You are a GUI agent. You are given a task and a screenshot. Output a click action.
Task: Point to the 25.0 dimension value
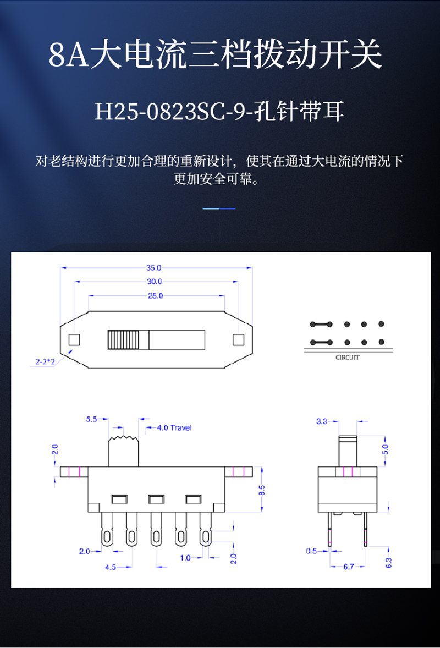pyautogui.click(x=155, y=296)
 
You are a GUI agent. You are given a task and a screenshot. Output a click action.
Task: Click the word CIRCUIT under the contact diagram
pyautogui.click(x=348, y=358)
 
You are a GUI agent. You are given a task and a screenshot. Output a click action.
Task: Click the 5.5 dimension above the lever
pyautogui.click(x=91, y=420)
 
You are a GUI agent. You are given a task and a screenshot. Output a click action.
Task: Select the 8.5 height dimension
pyautogui.click(x=262, y=488)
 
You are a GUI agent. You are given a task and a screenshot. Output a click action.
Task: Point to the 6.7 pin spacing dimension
pyautogui.click(x=348, y=567)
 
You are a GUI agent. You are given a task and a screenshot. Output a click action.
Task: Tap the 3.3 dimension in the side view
pyautogui.click(x=322, y=421)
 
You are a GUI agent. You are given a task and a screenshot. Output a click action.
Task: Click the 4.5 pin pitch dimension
pyautogui.click(x=110, y=567)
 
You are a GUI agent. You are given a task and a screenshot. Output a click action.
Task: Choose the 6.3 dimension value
pyautogui.click(x=388, y=562)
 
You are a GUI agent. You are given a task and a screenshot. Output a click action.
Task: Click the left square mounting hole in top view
pyautogui.click(x=74, y=339)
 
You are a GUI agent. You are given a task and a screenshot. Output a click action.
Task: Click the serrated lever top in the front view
pyautogui.click(x=124, y=440)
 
